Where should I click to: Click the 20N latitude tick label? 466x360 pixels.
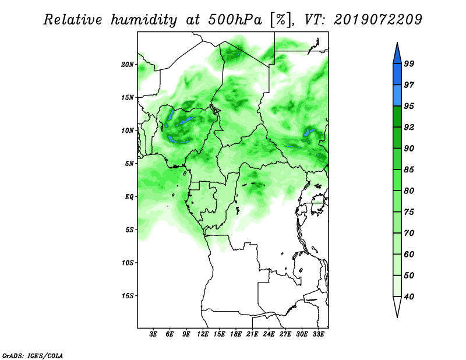click(128, 65)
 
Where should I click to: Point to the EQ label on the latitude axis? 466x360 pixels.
click(129, 197)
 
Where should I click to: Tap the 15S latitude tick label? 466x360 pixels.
click(128, 296)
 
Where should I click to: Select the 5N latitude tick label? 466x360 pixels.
click(129, 164)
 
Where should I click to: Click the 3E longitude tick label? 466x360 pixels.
click(153, 334)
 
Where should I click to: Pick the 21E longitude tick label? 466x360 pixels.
click(252, 334)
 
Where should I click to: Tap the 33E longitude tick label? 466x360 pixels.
click(318, 334)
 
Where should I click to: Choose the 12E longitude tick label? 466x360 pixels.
click(203, 334)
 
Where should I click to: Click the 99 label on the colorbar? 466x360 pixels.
click(409, 63)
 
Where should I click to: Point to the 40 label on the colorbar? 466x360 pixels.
click(409, 297)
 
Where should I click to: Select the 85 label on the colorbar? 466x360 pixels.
click(409, 170)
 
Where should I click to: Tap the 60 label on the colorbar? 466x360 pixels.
click(409, 254)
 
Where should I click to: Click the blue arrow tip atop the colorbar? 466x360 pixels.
click(397, 43)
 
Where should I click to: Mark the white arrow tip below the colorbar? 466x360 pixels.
click(397, 317)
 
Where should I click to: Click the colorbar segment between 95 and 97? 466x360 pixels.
click(397, 96)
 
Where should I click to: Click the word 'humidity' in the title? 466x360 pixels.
click(144, 20)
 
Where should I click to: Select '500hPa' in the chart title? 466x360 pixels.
click(235, 20)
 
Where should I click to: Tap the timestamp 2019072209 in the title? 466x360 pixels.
click(377, 19)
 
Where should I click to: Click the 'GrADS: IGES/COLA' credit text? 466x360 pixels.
click(33, 355)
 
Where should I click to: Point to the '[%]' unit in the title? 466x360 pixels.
click(281, 20)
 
